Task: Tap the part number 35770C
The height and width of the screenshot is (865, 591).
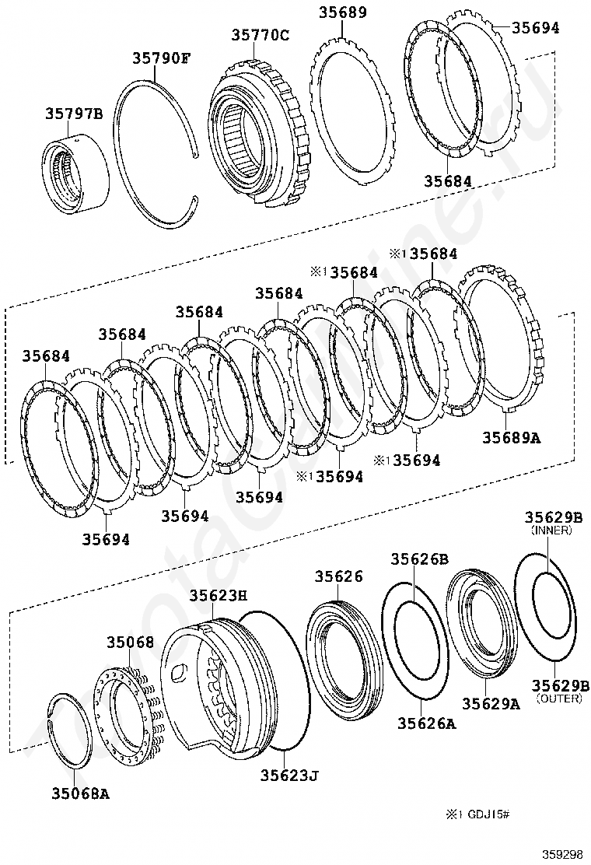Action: [x=260, y=35]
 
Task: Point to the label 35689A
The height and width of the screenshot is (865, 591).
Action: [x=511, y=437]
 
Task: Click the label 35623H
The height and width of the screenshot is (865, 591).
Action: [x=218, y=595]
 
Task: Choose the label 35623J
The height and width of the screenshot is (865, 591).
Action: [x=289, y=775]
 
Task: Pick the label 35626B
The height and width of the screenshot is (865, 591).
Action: [x=419, y=559]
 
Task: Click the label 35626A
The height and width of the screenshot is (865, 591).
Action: [x=426, y=723]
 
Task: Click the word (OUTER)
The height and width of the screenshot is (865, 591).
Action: [x=558, y=699]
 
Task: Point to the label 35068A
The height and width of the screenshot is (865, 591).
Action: [x=80, y=794]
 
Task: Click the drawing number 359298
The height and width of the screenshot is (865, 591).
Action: [x=562, y=853]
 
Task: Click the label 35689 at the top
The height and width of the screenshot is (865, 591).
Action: [x=343, y=13]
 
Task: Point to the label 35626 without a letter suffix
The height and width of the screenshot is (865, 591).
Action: [x=338, y=576]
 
